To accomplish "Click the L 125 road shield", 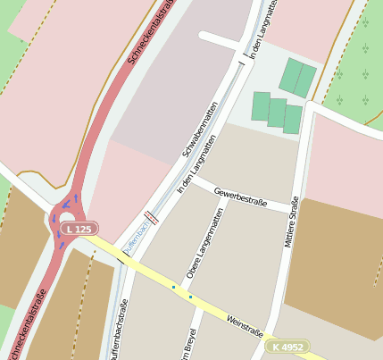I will (x=78, y=230).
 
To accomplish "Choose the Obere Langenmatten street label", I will (x=202, y=243).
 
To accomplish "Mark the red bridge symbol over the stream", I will (x=152, y=216).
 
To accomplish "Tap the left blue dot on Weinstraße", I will (x=173, y=287).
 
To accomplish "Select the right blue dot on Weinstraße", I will (x=190, y=297).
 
